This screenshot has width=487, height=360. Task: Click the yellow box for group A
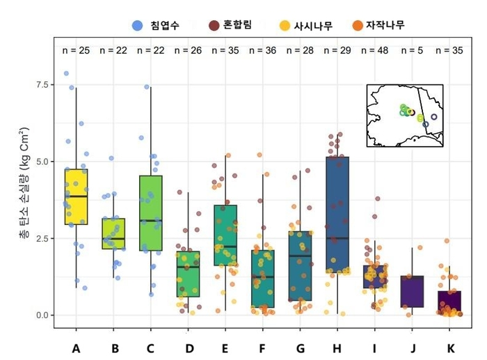pos(76,196)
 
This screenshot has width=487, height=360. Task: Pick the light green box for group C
pos(150,212)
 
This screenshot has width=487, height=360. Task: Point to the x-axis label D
pos(188,346)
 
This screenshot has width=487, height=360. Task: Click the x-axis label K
pos(449,346)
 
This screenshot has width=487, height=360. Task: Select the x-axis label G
pos(300,346)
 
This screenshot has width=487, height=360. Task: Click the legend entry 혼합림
pos(230,26)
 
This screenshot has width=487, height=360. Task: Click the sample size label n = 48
pos(375,50)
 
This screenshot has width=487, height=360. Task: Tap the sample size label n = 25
pos(76,50)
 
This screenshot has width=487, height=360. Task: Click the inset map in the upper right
pos(405,116)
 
